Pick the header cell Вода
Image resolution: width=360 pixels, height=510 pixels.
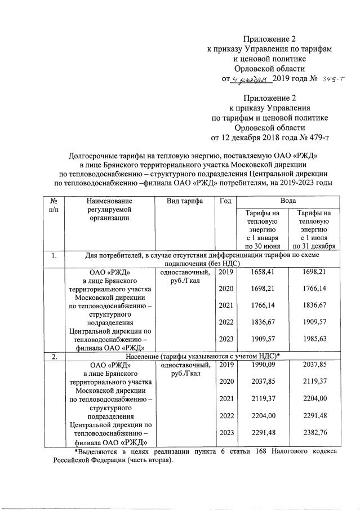coord(286,201)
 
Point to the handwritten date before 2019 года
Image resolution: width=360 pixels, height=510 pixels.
coord(250,79)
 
